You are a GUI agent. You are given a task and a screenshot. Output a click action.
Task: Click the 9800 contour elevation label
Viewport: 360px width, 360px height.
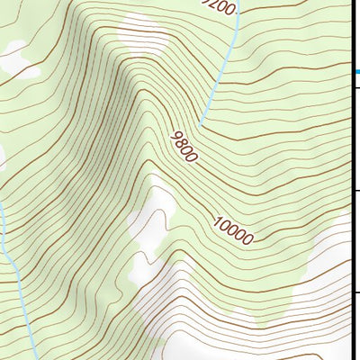click(x=184, y=146)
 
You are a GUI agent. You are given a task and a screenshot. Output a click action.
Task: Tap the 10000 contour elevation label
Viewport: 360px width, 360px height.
click(x=234, y=229)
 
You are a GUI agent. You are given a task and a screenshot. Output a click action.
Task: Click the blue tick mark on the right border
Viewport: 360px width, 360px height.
click(x=355, y=67)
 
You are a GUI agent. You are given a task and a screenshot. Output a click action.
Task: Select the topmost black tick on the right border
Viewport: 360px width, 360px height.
click(x=355, y=86)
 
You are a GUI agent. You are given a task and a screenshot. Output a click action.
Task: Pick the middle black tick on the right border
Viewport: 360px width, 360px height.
click(x=355, y=190)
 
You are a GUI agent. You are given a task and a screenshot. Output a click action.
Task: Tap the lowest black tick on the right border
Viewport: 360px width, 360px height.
click(x=355, y=292)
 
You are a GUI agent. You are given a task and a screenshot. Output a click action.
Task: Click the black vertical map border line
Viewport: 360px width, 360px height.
click(x=350, y=180)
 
